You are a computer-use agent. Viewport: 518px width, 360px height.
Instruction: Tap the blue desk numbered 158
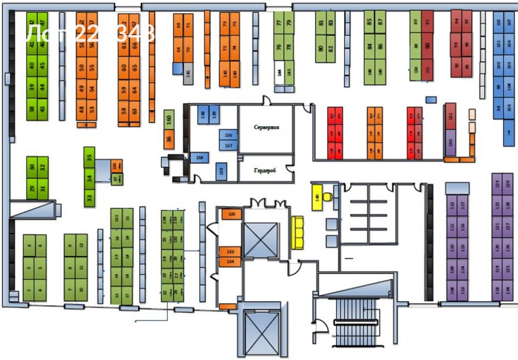click(x=199, y=158)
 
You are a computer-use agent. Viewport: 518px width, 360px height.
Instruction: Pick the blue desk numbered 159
click(x=221, y=171)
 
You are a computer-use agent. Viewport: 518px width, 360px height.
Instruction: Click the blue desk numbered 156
click(x=229, y=135)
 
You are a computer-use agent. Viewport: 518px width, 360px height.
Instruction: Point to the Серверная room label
click(x=267, y=127)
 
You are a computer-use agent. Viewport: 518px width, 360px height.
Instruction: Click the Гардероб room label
click(x=266, y=171)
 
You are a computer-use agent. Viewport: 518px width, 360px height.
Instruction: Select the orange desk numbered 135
click(x=231, y=214)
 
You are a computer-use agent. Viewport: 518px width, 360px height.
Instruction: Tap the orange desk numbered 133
click(x=230, y=252)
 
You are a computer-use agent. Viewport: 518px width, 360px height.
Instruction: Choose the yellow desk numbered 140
click(x=318, y=198)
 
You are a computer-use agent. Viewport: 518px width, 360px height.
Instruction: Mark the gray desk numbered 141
click(x=188, y=73)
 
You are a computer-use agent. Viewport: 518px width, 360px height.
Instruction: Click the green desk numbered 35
click(x=90, y=157)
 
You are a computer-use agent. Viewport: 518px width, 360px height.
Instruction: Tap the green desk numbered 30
click(x=32, y=167)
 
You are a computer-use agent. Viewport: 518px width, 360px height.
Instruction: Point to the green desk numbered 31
click(x=43, y=189)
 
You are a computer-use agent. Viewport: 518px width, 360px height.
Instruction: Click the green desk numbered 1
click(x=29, y=291)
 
